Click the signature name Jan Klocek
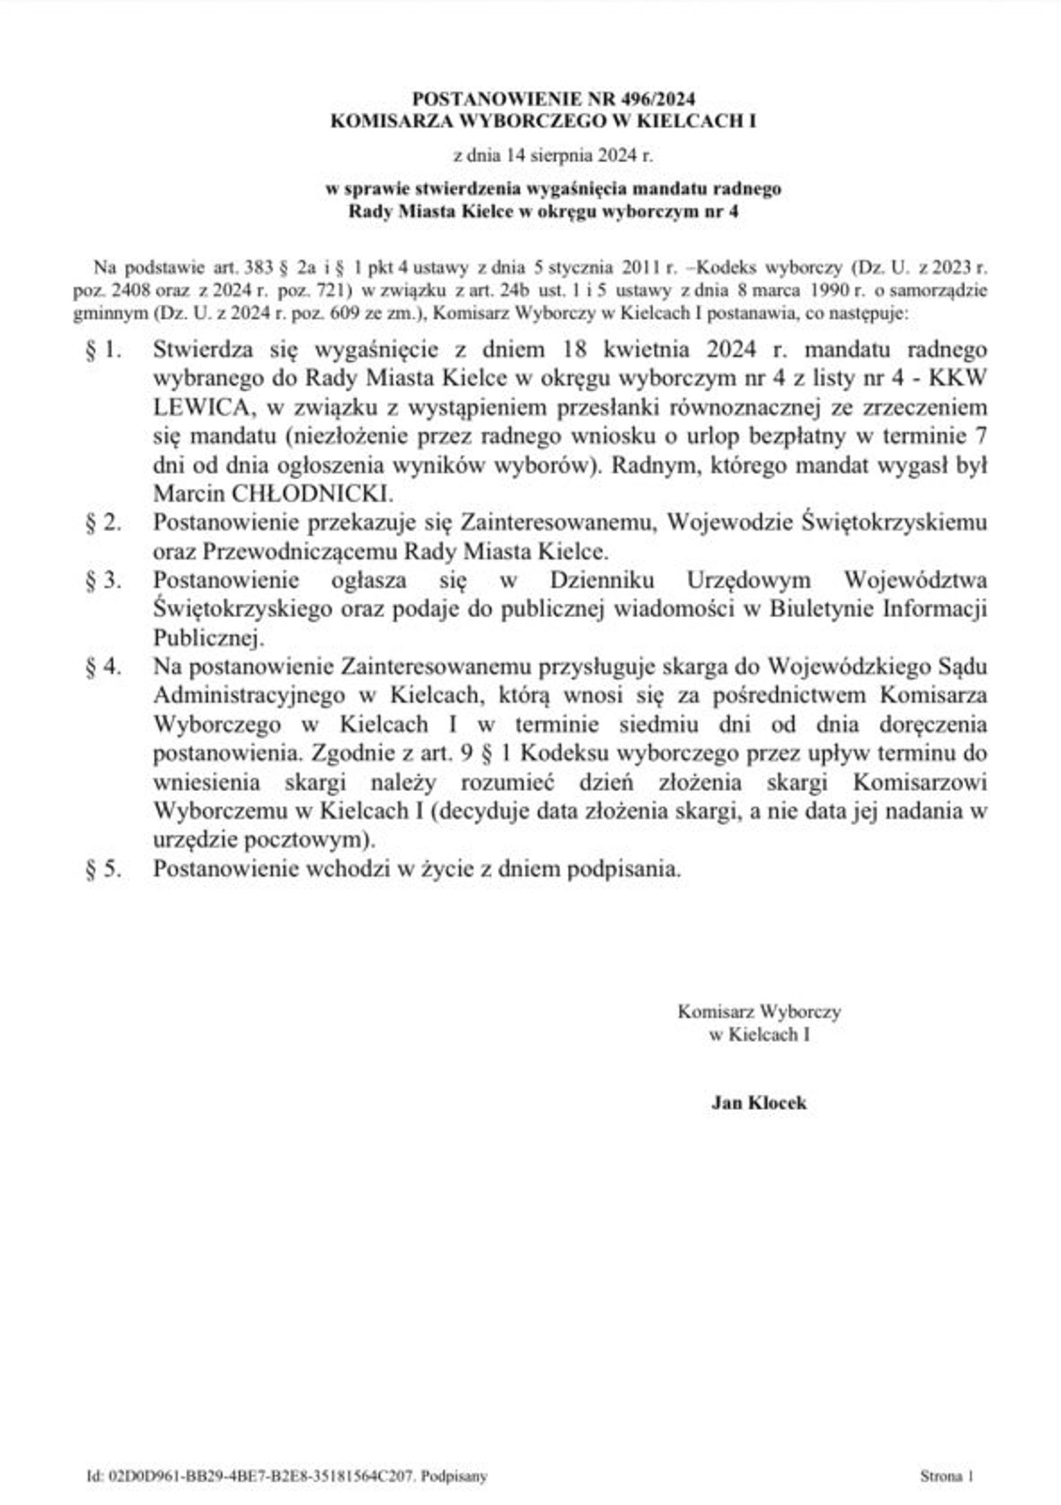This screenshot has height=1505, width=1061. pyautogui.click(x=759, y=1102)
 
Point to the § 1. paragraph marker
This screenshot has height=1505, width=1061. pyautogui.click(x=103, y=350)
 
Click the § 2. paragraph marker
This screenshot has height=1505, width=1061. pyautogui.click(x=103, y=523)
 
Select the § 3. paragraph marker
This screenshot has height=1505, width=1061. pyautogui.click(x=103, y=580)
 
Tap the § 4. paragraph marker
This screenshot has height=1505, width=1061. pyautogui.click(x=103, y=667)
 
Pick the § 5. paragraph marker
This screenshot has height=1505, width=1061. pyautogui.click(x=103, y=869)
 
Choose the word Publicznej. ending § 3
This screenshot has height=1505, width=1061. pyautogui.click(x=208, y=638)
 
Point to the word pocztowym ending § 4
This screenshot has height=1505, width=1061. pyautogui.click(x=307, y=840)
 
